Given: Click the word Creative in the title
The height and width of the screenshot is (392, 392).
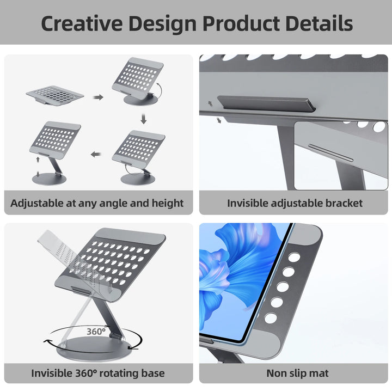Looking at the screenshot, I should (x=81, y=23).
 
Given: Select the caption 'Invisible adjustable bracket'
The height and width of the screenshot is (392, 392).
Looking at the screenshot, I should (x=295, y=203).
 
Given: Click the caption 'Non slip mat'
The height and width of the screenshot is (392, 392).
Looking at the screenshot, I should (x=297, y=373).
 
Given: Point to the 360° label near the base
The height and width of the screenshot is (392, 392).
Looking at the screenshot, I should (x=97, y=330).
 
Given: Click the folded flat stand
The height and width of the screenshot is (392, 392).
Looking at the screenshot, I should (x=55, y=96).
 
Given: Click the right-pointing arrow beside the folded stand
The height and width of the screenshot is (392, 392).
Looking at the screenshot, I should (x=98, y=97).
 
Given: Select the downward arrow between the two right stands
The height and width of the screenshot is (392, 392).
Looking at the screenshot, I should (x=144, y=118).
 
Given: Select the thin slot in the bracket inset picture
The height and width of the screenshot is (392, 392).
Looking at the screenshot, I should (x=330, y=153).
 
